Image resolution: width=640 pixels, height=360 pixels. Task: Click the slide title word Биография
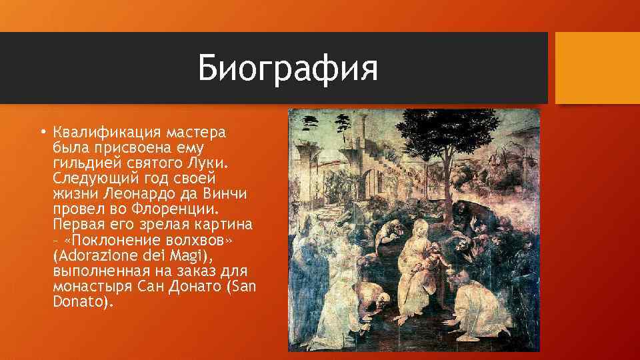(x=287, y=69)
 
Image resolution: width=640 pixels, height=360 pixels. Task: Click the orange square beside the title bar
(x=597, y=67)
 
